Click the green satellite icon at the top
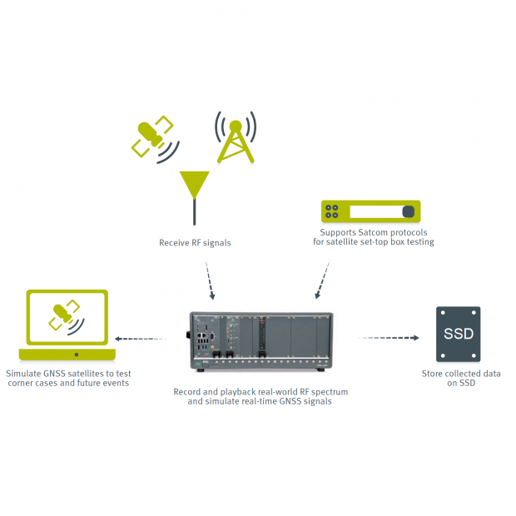(x=152, y=137)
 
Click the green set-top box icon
(x=371, y=211)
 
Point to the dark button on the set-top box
(x=409, y=211)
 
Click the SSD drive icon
(x=459, y=335)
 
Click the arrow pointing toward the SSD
(x=389, y=338)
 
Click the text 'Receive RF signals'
(x=195, y=243)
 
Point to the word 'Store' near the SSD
(x=434, y=374)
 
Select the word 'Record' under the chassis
(x=188, y=391)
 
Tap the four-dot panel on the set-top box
(x=335, y=211)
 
